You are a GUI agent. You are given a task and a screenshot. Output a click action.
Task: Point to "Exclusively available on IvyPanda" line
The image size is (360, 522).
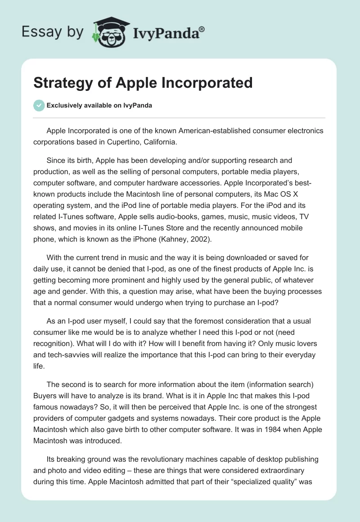pyautogui.click(x=99, y=105)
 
